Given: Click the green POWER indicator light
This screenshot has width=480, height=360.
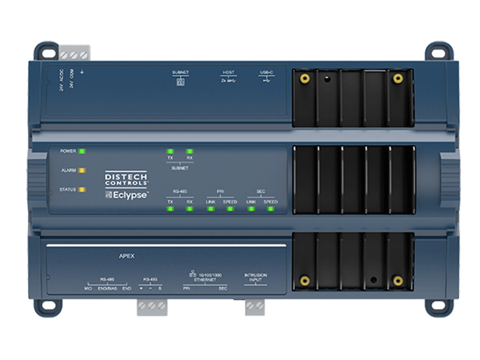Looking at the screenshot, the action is [x=82, y=151].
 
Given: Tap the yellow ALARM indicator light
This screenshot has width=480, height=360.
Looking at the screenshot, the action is [x=82, y=170].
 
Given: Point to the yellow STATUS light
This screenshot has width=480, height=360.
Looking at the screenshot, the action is [x=82, y=190].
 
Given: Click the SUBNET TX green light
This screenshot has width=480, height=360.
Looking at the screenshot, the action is [x=170, y=151].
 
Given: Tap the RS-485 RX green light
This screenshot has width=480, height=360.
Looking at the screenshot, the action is [x=190, y=209].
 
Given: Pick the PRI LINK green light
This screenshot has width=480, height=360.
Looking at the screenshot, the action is [x=211, y=209].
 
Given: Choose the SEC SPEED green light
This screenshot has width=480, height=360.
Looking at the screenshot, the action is [x=271, y=209].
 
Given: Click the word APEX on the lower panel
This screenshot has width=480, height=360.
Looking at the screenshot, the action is [x=127, y=256].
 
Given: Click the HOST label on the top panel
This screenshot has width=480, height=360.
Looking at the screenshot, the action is [x=229, y=73].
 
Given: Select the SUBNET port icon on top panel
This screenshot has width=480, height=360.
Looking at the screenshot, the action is [x=180, y=82].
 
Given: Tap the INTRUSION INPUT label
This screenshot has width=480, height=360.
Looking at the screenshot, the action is [x=256, y=278].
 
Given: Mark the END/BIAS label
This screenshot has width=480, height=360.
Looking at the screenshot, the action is [x=108, y=289].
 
